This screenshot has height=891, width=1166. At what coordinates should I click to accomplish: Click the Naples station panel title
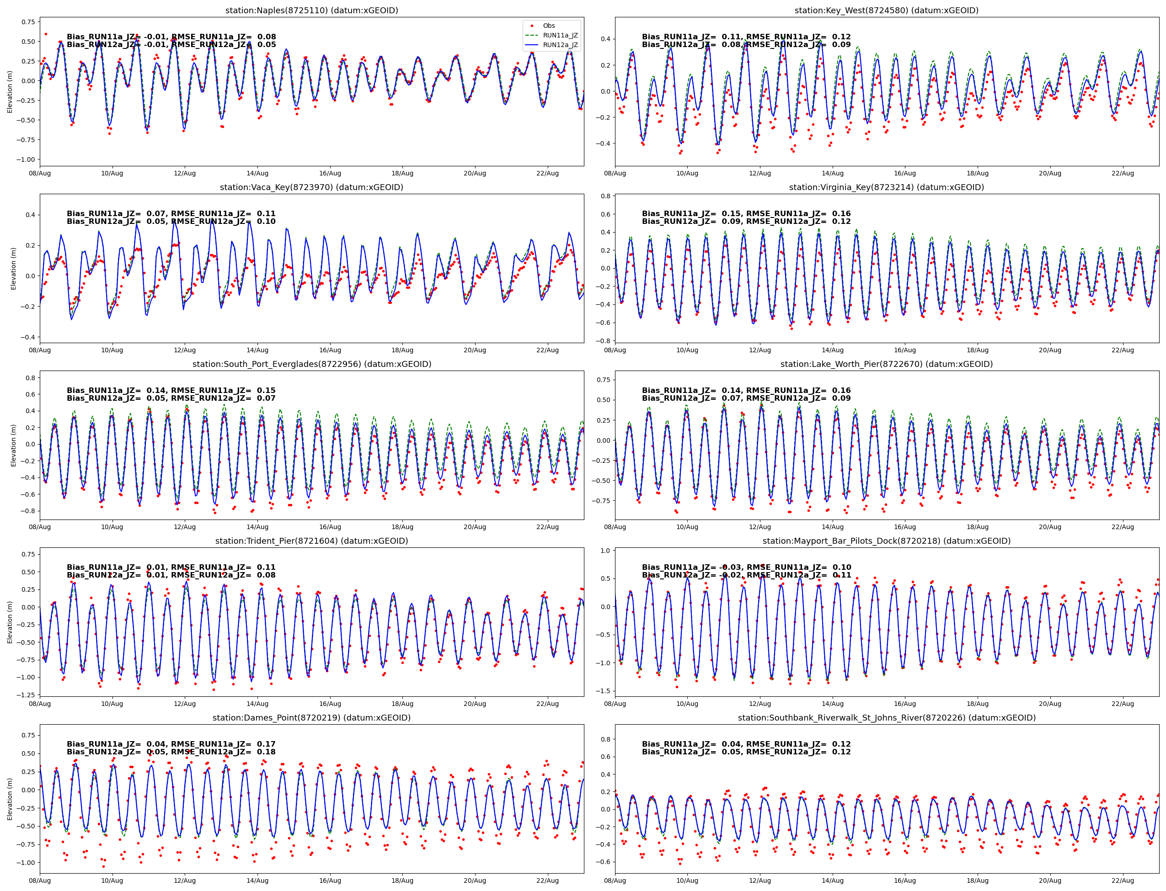pos(311,11)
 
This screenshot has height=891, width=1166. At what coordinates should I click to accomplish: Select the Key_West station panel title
pos(886,11)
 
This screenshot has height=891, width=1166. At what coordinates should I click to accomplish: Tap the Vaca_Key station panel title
pos(311,187)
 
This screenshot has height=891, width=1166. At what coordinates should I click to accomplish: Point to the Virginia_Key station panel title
pos(886,187)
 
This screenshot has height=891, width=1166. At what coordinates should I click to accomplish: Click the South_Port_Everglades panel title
pos(311,364)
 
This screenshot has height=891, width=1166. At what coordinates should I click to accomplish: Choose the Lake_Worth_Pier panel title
pos(886,364)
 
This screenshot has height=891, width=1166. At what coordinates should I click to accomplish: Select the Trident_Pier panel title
pos(311,541)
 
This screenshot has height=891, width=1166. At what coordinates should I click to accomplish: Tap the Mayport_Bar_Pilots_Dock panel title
pos(886,541)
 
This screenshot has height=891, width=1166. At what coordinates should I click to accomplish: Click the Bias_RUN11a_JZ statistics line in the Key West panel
pos(746,37)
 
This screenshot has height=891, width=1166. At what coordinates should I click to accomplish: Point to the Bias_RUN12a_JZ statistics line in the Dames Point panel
pos(171,752)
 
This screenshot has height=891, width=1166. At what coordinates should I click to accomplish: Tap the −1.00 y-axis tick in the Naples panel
pos(26,159)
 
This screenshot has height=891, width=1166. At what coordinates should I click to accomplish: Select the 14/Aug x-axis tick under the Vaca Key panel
pos(257,350)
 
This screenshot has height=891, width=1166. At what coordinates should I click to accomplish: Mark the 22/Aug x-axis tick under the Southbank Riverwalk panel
pos(1123,881)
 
